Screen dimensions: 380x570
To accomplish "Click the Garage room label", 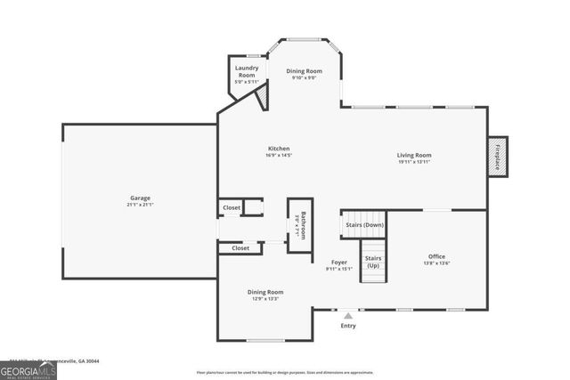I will [x=140, y=198].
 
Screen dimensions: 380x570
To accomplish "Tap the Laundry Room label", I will [x=246, y=71].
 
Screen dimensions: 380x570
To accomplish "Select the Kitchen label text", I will [x=279, y=149].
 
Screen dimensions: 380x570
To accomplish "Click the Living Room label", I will [x=414, y=155].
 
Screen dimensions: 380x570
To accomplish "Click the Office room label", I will [x=436, y=256].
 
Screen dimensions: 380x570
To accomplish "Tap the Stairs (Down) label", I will [x=364, y=225].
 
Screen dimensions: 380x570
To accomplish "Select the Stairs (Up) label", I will [x=373, y=262].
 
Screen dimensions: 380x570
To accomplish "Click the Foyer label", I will [x=339, y=262].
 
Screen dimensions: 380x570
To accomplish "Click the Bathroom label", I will [x=302, y=224].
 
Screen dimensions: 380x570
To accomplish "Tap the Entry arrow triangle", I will [x=348, y=315].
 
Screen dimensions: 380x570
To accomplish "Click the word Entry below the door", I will [x=348, y=326].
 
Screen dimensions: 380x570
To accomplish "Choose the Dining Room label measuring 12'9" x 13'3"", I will [x=265, y=292].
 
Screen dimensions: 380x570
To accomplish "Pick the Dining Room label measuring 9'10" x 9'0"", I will [x=304, y=71].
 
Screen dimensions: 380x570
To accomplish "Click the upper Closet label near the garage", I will [x=232, y=207].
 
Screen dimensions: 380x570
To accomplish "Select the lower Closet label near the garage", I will [x=240, y=248].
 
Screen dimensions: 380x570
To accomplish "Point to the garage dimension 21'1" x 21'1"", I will [x=140, y=204].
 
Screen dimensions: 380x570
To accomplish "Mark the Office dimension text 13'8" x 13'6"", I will [x=436, y=263].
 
